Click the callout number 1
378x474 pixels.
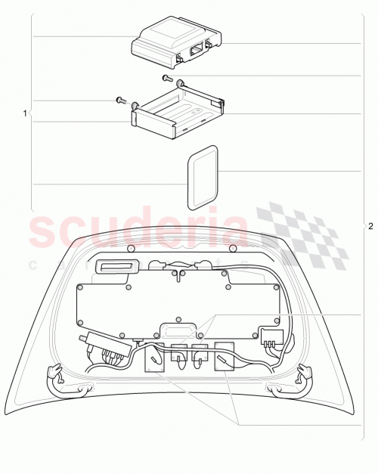[25, 113]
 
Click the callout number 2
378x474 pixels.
[370, 226]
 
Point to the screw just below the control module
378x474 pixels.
[167, 78]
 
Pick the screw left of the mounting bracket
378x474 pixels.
[119, 99]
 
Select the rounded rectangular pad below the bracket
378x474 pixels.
[202, 176]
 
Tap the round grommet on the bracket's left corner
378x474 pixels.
[135, 105]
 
